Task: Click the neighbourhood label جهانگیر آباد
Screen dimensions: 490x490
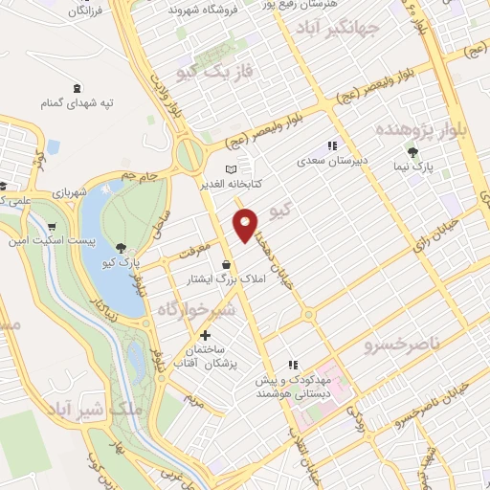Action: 367,25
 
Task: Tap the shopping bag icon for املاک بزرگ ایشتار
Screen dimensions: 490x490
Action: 226,265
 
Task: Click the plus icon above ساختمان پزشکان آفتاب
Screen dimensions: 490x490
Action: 205,335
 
